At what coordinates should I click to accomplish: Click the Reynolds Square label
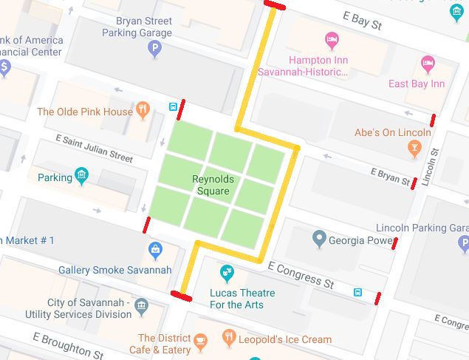[212, 185]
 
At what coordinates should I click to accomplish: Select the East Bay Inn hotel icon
[427, 64]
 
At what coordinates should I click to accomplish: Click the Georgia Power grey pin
[319, 239]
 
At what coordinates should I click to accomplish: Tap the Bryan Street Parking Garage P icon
[154, 50]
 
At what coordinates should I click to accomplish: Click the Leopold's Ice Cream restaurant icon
[230, 339]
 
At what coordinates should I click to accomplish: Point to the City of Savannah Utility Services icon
[141, 305]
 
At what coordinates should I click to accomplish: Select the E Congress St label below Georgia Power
[301, 274]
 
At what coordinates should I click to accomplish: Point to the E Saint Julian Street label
[94, 147]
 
